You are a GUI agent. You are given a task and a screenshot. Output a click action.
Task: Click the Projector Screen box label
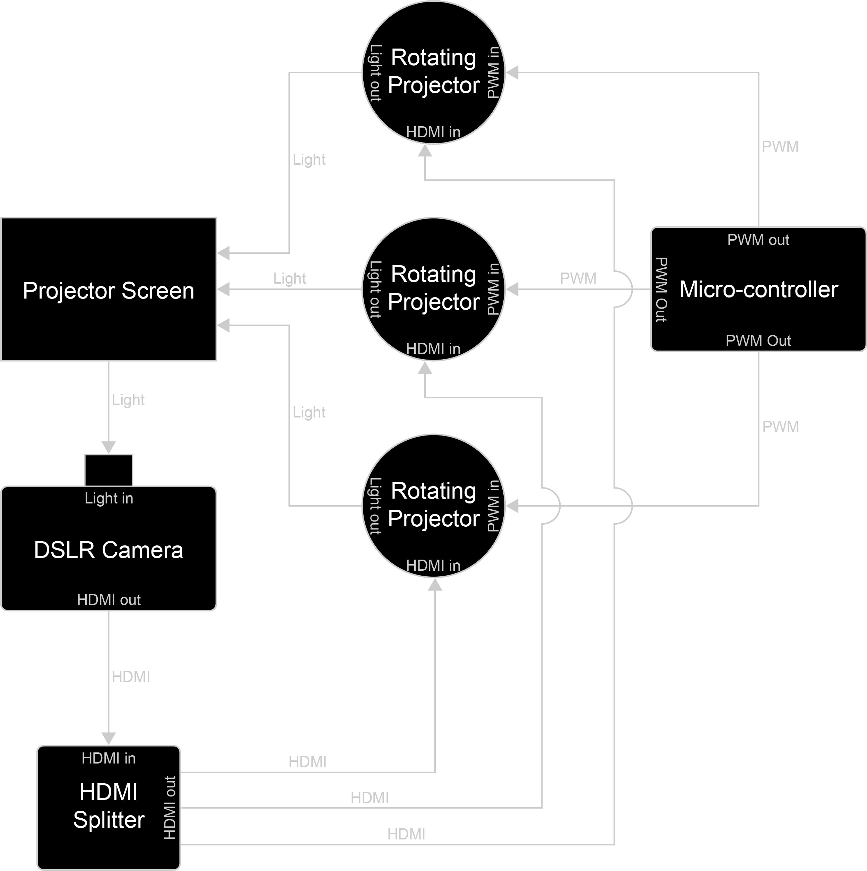(x=109, y=291)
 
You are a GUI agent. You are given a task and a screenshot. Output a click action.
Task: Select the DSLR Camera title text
(x=109, y=550)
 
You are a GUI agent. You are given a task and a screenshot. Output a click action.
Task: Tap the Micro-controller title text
(x=758, y=290)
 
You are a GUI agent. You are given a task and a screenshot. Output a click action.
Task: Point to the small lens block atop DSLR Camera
(x=109, y=470)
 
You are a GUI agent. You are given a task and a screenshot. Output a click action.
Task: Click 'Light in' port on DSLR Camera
(x=109, y=499)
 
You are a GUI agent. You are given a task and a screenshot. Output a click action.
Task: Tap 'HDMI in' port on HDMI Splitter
(x=109, y=759)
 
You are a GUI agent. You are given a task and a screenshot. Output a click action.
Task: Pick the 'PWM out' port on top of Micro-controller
(x=758, y=240)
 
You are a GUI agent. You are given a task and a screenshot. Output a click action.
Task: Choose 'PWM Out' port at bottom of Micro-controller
(x=758, y=341)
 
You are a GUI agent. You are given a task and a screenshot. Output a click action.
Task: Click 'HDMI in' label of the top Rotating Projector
(x=433, y=132)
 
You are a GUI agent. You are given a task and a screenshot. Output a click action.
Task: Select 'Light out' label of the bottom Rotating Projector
(x=375, y=506)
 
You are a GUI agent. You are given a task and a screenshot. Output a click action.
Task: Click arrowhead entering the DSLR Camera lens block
(x=109, y=448)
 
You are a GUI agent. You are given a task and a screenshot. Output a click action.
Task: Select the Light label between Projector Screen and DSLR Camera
(x=128, y=400)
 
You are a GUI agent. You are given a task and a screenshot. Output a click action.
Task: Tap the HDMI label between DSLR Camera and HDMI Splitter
(x=131, y=677)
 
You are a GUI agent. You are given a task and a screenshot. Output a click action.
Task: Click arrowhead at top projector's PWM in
(x=513, y=72)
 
